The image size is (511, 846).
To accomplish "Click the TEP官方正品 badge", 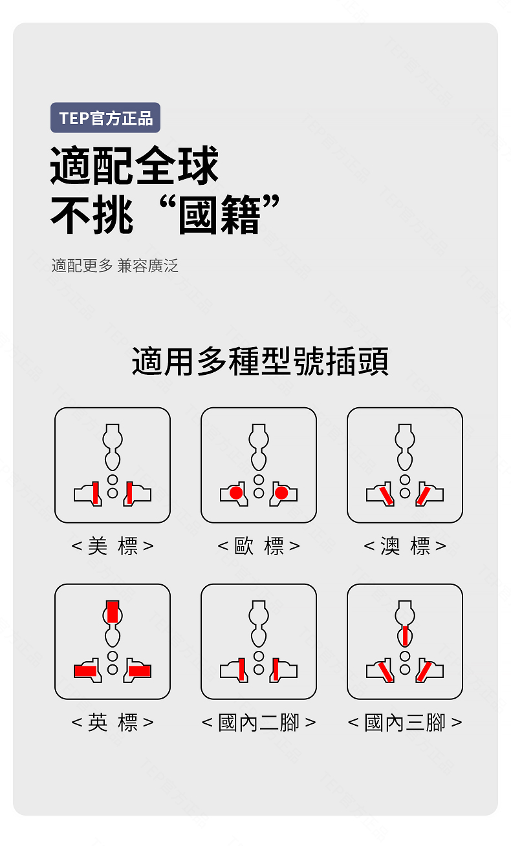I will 105,118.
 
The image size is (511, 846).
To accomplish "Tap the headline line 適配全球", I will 135,166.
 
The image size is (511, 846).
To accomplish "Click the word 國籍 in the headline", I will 219,216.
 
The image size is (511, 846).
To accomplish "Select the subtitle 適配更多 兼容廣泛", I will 114,266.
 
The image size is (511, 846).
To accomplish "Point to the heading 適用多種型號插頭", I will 260,361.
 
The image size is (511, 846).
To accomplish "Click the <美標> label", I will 113,546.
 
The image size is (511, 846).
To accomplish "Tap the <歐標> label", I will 259,546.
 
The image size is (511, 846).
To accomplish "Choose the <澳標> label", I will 405,546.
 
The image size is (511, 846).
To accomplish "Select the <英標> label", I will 113,722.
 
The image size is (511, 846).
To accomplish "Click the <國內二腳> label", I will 259,722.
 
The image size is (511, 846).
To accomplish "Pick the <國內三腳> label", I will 405,722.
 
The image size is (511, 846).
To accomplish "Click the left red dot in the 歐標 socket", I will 236,494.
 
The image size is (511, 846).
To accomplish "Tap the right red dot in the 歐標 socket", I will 281,494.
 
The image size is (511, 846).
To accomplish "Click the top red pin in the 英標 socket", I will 113,611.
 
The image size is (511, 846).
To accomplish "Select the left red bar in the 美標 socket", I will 96,493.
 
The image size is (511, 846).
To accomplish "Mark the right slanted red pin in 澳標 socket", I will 424,494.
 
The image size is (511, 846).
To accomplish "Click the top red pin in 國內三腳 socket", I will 405,635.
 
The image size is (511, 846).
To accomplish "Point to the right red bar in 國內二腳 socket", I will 276,669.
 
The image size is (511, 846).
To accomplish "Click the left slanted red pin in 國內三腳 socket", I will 386,671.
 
